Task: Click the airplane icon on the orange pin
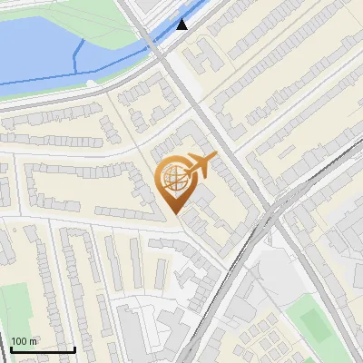tap(201, 164)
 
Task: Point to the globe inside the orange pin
tap(172, 178)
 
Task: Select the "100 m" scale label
tap(24, 341)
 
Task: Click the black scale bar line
tap(42, 349)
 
